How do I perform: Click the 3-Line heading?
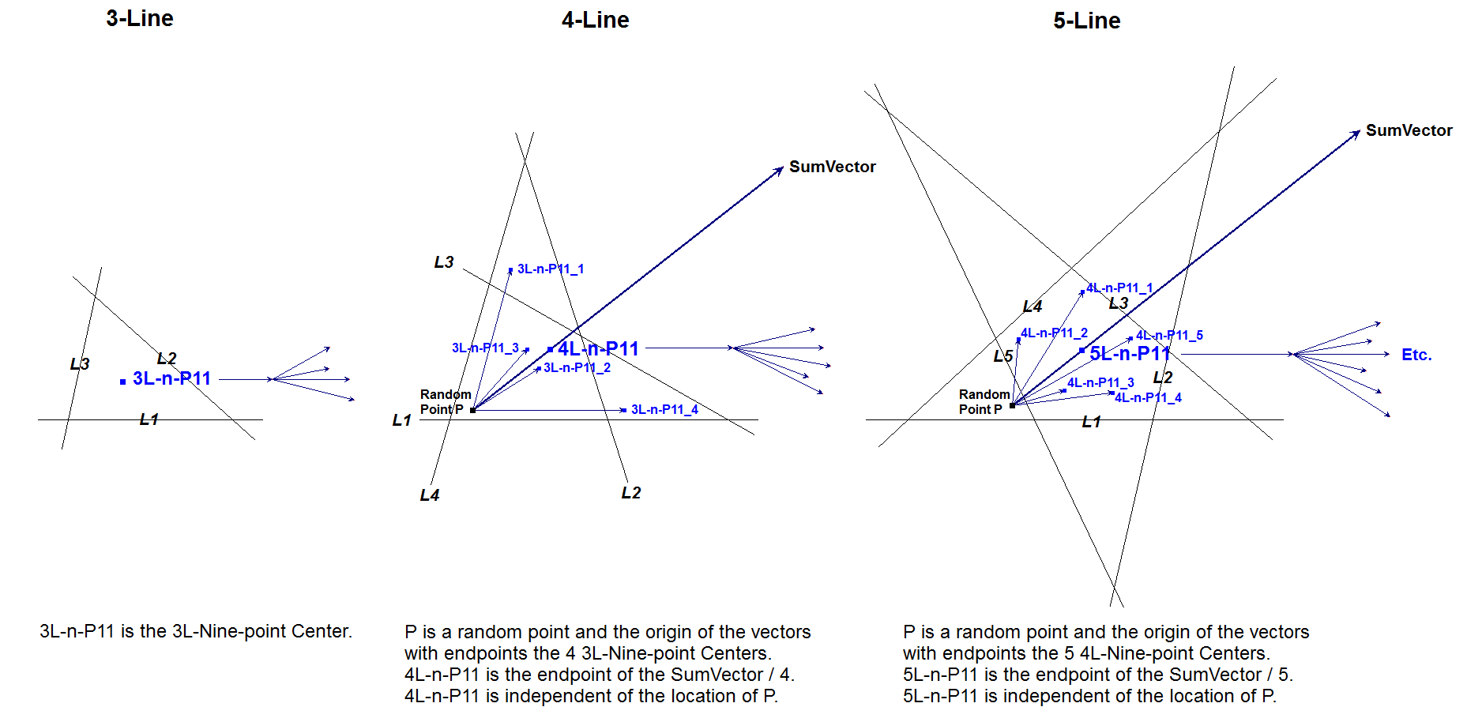[140, 19]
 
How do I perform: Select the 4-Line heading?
[595, 21]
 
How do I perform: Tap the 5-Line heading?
[1086, 21]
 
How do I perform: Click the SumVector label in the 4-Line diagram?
[832, 167]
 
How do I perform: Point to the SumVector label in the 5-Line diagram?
[1409, 130]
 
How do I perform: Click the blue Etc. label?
[1416, 355]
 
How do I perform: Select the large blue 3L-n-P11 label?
[171, 378]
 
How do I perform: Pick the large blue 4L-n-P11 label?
[598, 348]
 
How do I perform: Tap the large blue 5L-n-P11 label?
[1129, 353]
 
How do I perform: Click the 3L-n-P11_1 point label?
[550, 269]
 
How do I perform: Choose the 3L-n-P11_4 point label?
[664, 409]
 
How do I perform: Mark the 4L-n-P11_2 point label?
[1054, 333]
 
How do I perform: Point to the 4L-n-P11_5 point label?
[1169, 336]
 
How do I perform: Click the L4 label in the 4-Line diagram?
[429, 495]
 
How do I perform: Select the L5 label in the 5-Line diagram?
[1002, 356]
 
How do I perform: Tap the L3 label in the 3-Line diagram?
[80, 364]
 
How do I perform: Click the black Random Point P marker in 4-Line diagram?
[472, 410]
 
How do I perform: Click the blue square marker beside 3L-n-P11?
[122, 382]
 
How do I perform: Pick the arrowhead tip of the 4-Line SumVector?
[782, 168]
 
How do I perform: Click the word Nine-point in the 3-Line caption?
[243, 631]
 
